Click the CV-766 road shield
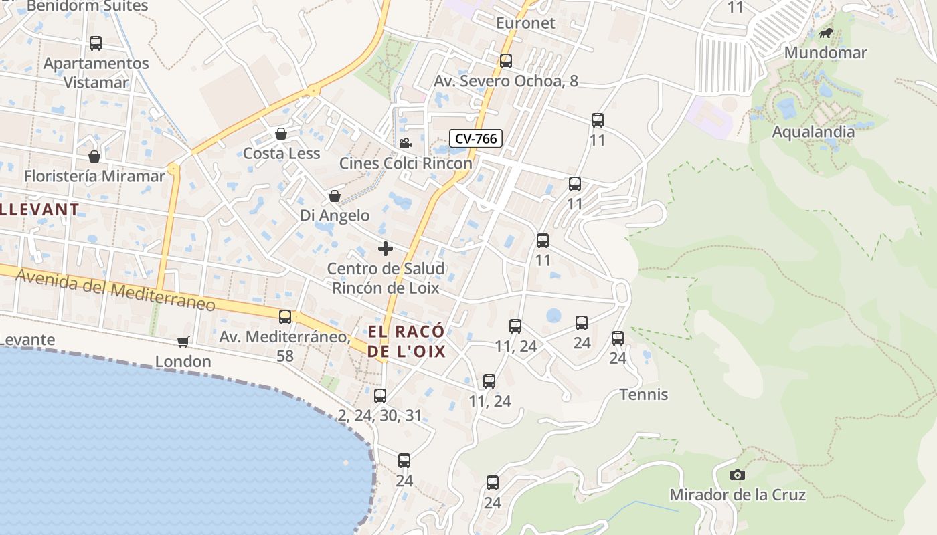tap(475, 138)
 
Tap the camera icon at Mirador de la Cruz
tap(737, 475)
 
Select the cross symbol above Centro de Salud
tap(386, 249)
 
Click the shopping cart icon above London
tap(183, 342)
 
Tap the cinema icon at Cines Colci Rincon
tap(405, 144)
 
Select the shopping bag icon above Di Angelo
tap(334, 196)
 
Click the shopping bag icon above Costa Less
tap(281, 134)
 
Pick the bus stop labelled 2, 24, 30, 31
tap(380, 396)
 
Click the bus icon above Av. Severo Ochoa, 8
tap(506, 61)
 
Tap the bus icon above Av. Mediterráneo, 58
tap(285, 317)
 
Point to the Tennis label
tap(644, 395)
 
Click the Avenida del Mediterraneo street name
tap(115, 290)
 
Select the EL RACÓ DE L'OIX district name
tap(406, 341)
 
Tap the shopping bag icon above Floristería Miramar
tap(94, 156)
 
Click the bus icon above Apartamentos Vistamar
tap(96, 43)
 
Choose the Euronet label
tap(525, 23)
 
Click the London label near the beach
tap(183, 362)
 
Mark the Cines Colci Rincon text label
tap(406, 163)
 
